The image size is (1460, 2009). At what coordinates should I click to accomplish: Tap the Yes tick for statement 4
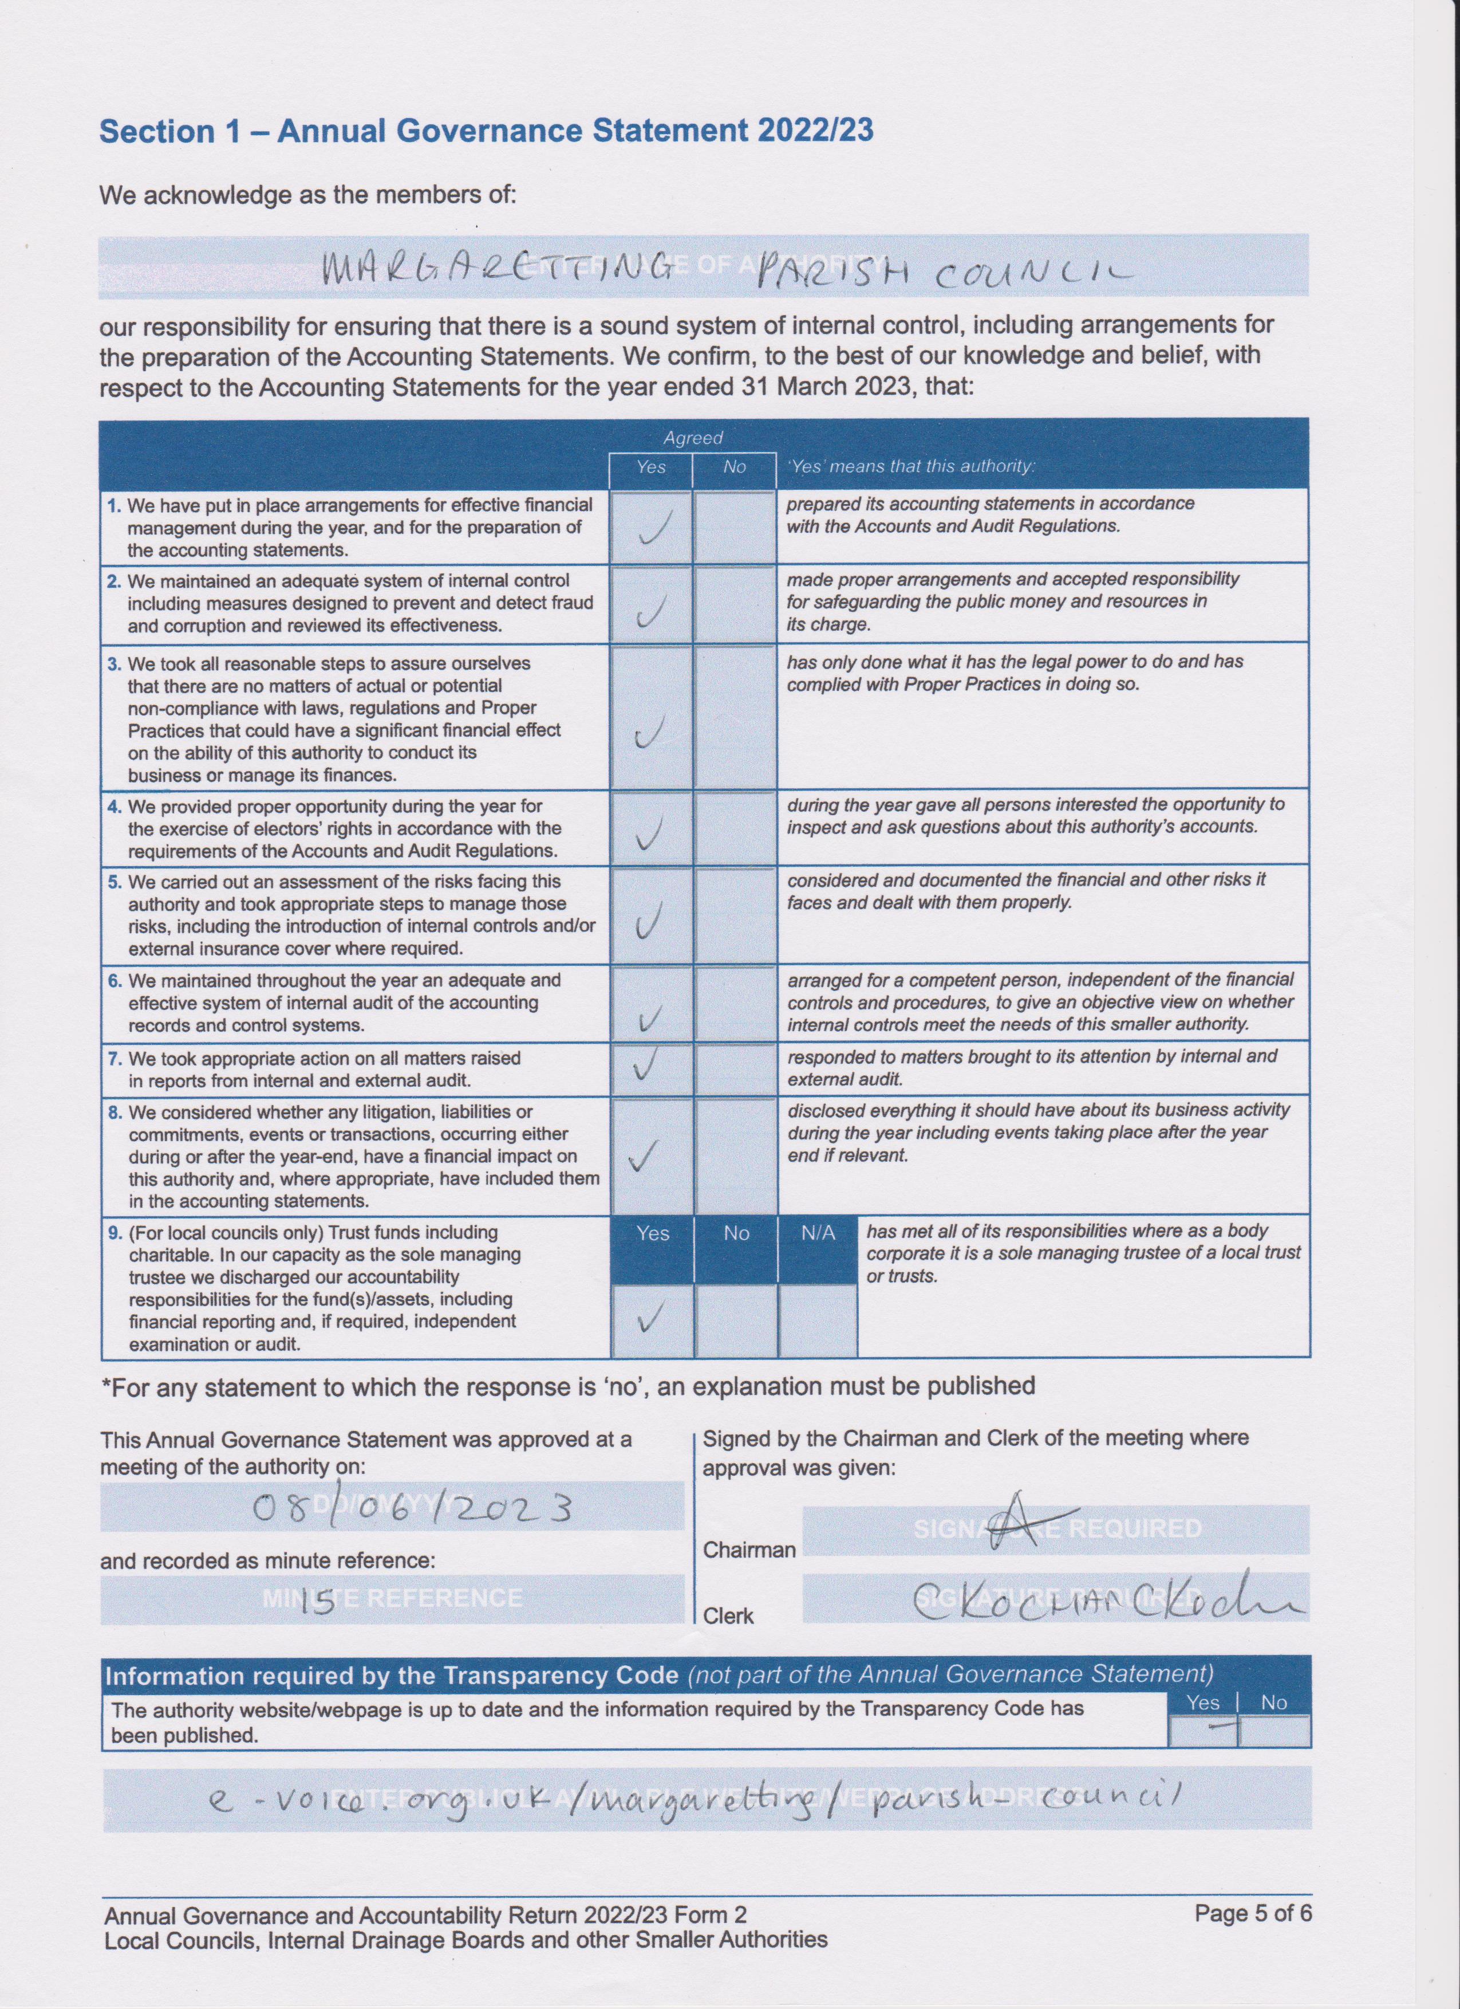[651, 832]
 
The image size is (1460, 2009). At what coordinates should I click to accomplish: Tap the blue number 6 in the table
[114, 981]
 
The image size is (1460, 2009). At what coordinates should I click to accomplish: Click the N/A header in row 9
[817, 1233]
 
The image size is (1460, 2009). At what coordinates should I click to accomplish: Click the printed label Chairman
[749, 1549]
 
